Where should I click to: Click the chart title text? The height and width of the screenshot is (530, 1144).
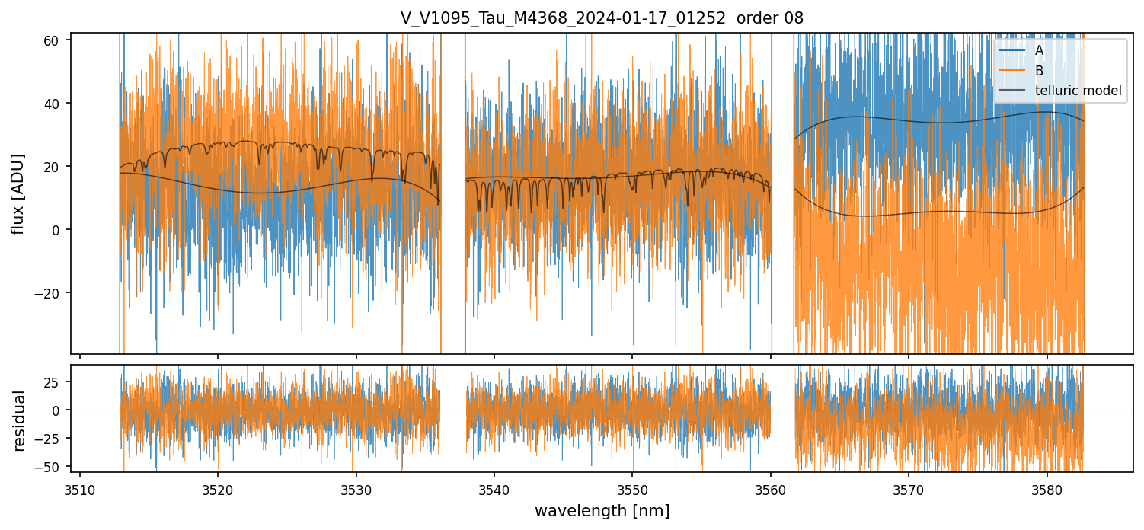tap(602, 18)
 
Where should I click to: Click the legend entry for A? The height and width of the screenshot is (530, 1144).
tap(1039, 51)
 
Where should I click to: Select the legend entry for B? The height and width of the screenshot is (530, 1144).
tap(1039, 71)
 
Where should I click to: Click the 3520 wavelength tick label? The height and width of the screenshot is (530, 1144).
tap(218, 489)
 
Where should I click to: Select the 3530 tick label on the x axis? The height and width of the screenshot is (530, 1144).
tap(356, 489)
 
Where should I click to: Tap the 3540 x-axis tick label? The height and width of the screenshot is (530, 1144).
tap(494, 489)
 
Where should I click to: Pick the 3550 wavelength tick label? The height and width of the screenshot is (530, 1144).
tap(632, 489)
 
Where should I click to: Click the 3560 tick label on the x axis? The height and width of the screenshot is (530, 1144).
tap(771, 489)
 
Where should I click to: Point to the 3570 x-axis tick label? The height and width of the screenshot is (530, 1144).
tap(909, 489)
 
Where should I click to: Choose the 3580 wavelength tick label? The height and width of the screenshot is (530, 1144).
tap(1047, 489)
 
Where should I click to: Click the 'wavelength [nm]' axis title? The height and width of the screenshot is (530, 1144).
tap(602, 511)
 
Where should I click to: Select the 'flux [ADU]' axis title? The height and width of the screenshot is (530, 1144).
tap(19, 193)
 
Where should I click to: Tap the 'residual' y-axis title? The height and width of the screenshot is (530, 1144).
tap(19, 420)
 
